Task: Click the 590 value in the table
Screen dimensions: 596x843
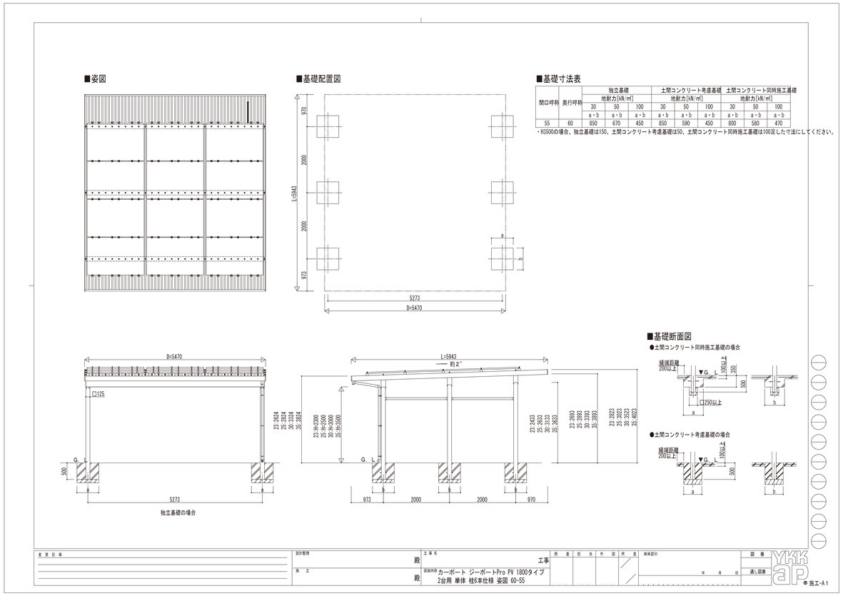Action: [x=685, y=123]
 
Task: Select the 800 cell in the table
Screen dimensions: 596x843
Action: [x=732, y=123]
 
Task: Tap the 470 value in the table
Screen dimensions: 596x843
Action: [x=778, y=123]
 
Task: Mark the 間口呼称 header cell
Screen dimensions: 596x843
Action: [x=547, y=103]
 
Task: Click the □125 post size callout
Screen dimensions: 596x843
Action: [x=99, y=393]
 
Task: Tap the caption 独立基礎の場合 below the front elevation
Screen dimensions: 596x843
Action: [x=179, y=512]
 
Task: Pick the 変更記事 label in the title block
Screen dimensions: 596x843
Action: [x=52, y=554]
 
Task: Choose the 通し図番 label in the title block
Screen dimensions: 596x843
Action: [x=757, y=572]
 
